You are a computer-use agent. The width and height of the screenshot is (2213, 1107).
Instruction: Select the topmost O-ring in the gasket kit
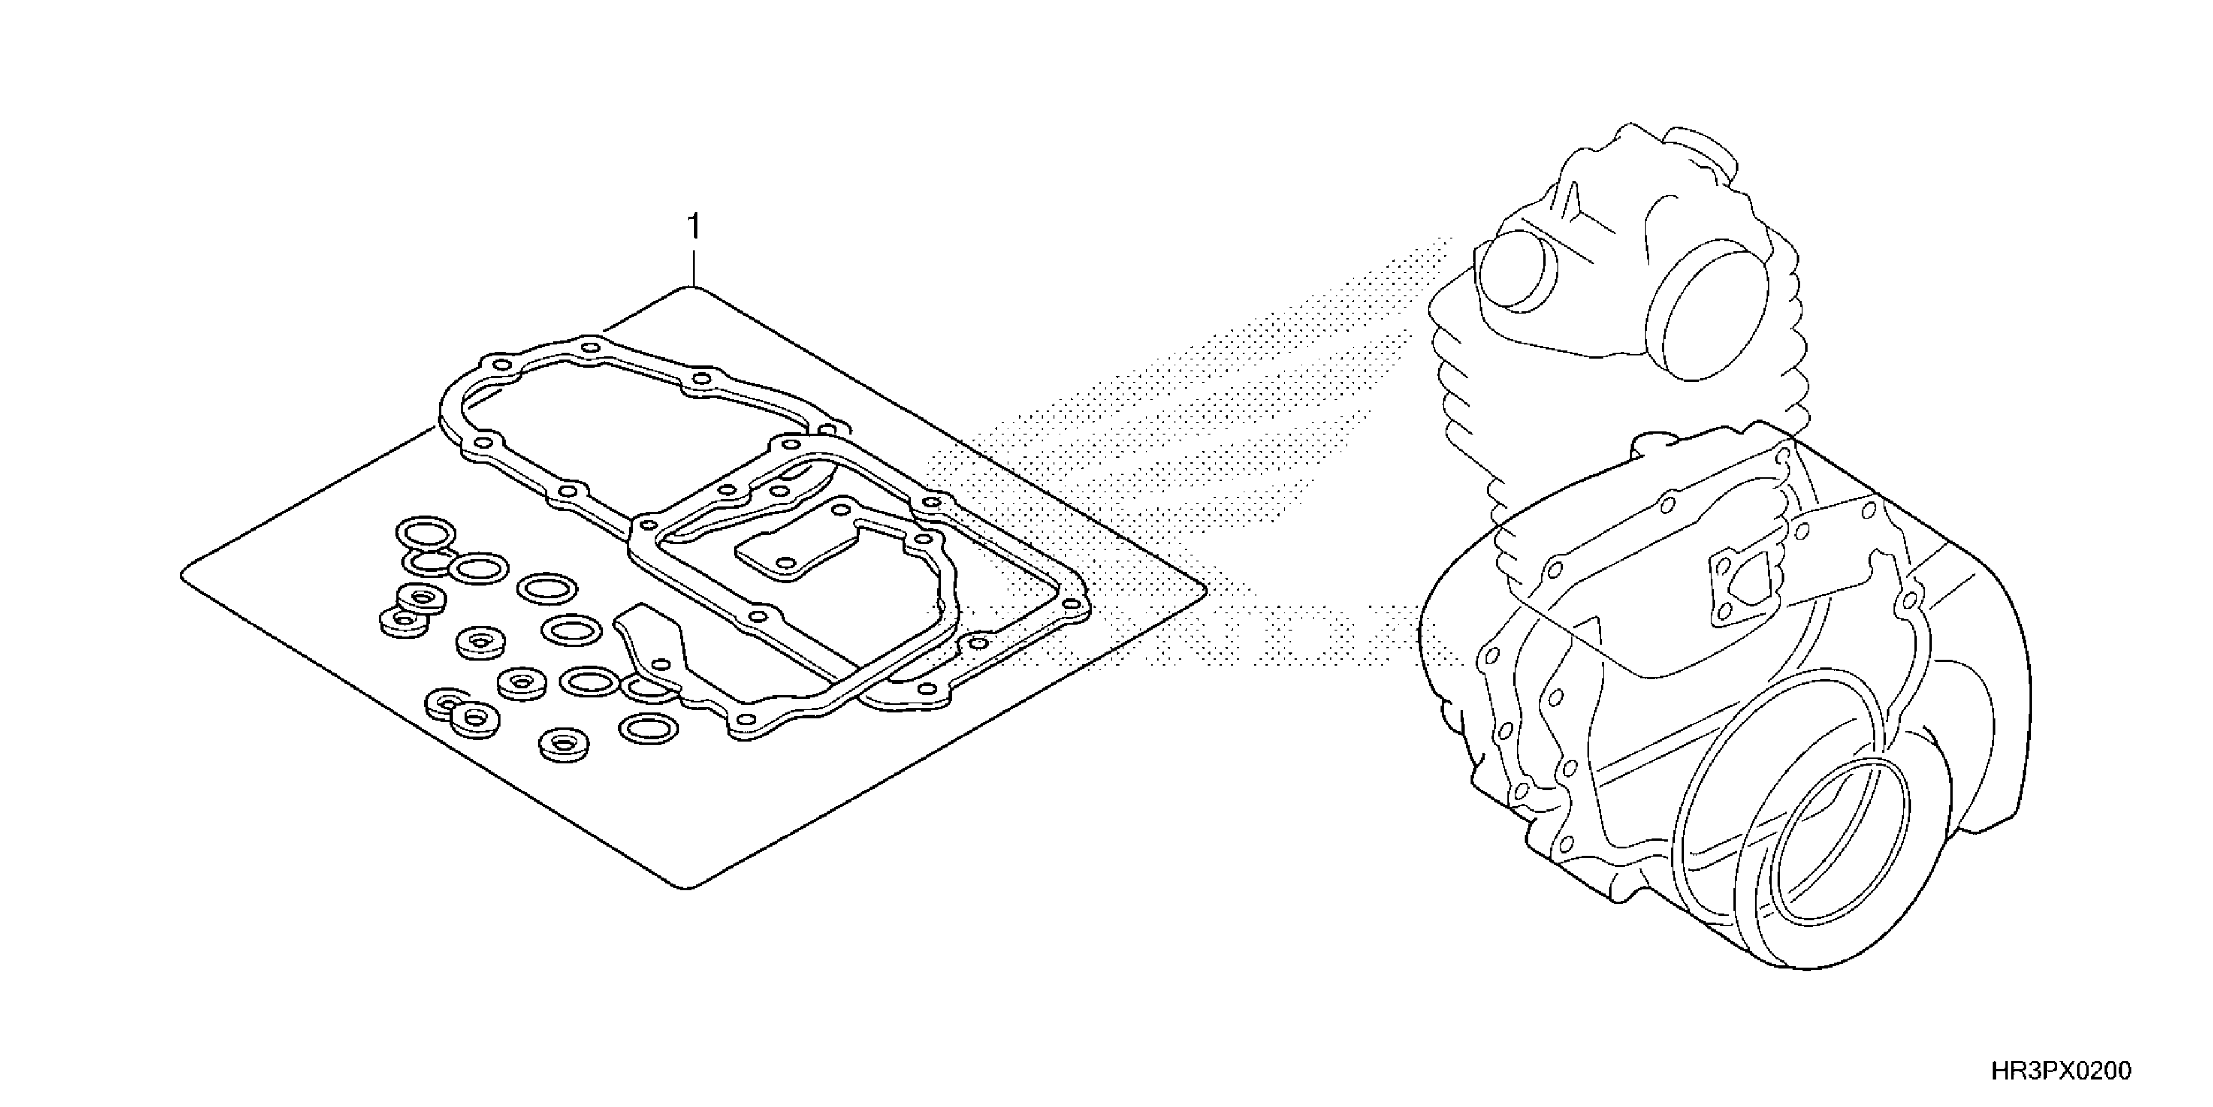tap(425, 532)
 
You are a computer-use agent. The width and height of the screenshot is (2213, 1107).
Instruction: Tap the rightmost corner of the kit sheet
tap(1204, 588)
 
